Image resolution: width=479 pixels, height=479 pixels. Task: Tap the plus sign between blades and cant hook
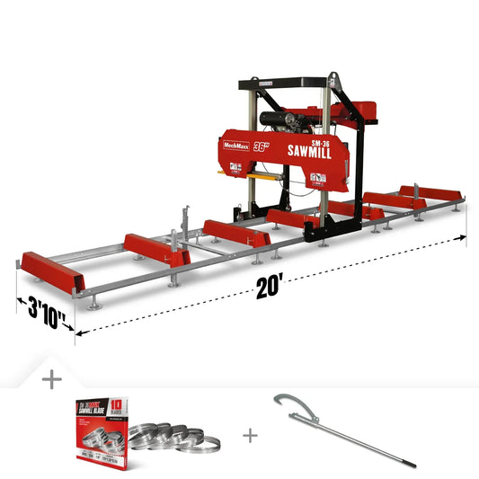pos(250,435)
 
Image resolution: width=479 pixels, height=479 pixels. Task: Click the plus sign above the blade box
pos(51,379)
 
